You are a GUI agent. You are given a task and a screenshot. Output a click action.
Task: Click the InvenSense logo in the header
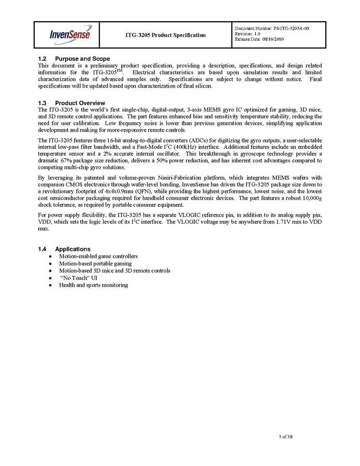[x=70, y=35]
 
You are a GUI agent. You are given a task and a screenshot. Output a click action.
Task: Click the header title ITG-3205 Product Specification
[x=165, y=35]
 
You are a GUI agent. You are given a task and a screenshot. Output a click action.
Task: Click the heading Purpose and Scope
[x=82, y=59]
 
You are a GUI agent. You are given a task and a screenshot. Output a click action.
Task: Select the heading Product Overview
[x=80, y=103]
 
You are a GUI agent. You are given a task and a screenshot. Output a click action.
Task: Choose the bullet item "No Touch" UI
[x=79, y=278]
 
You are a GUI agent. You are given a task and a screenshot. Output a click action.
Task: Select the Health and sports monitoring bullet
[x=93, y=285]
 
